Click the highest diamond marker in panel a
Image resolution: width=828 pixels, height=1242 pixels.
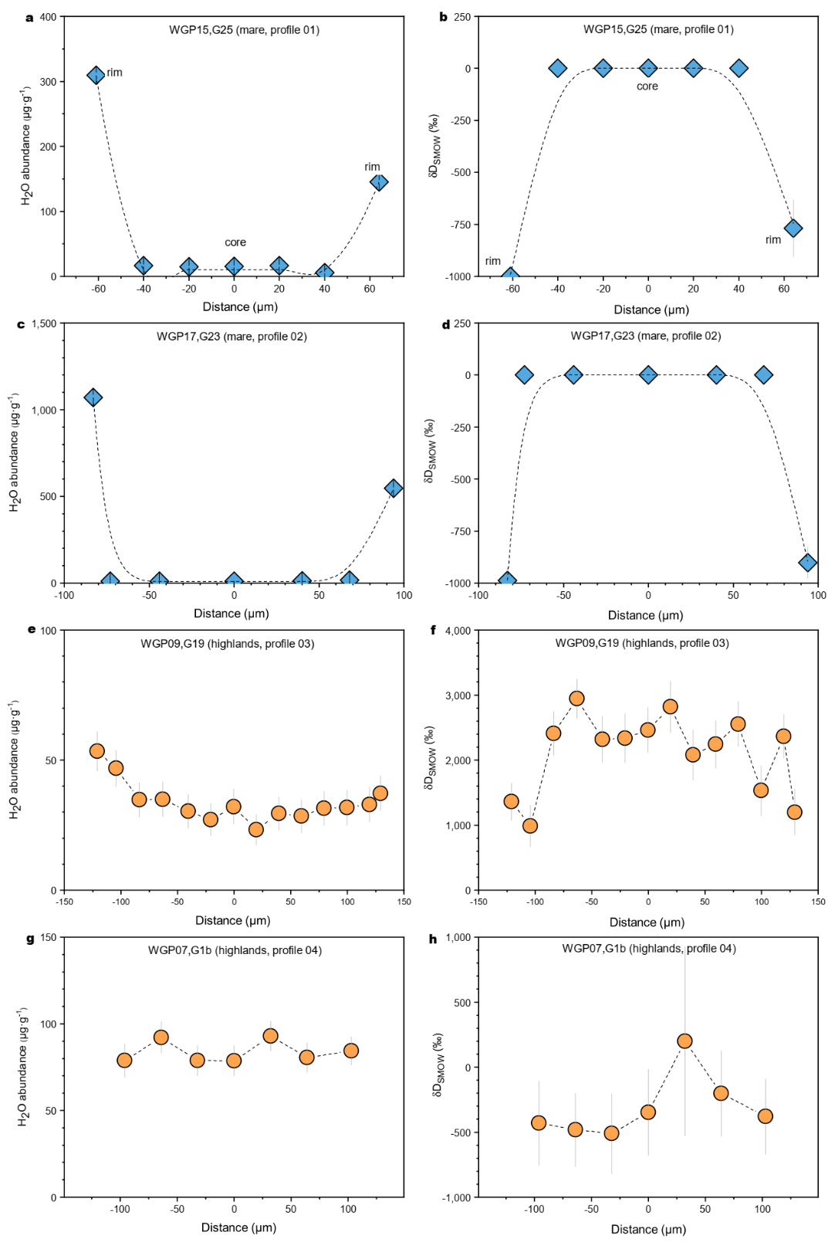96,75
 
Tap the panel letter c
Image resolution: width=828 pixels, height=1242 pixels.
21,324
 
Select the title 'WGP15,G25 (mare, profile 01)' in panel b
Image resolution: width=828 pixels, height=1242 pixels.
657,29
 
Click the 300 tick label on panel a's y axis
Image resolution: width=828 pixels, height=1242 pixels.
48,82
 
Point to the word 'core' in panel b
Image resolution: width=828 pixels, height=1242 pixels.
647,86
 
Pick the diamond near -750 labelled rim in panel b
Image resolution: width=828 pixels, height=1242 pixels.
793,228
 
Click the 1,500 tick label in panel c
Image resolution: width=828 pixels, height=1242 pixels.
43,324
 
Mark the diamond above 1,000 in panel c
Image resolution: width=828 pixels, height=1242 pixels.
93,398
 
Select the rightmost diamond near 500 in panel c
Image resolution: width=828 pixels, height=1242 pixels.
393,488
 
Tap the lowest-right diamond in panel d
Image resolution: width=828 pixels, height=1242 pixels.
807,563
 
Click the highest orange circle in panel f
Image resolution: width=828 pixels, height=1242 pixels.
576,699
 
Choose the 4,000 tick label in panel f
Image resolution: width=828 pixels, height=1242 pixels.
458,631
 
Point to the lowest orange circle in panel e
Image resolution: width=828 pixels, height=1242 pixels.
256,829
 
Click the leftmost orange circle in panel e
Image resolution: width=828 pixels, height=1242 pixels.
97,751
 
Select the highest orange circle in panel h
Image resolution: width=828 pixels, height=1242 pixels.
684,1041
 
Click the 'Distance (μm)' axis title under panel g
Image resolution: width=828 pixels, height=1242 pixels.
238,1227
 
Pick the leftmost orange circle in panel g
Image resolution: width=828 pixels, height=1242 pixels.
124,1061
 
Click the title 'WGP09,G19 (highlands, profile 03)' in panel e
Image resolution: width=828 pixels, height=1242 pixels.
227,644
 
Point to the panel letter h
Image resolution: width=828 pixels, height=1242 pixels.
433,939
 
